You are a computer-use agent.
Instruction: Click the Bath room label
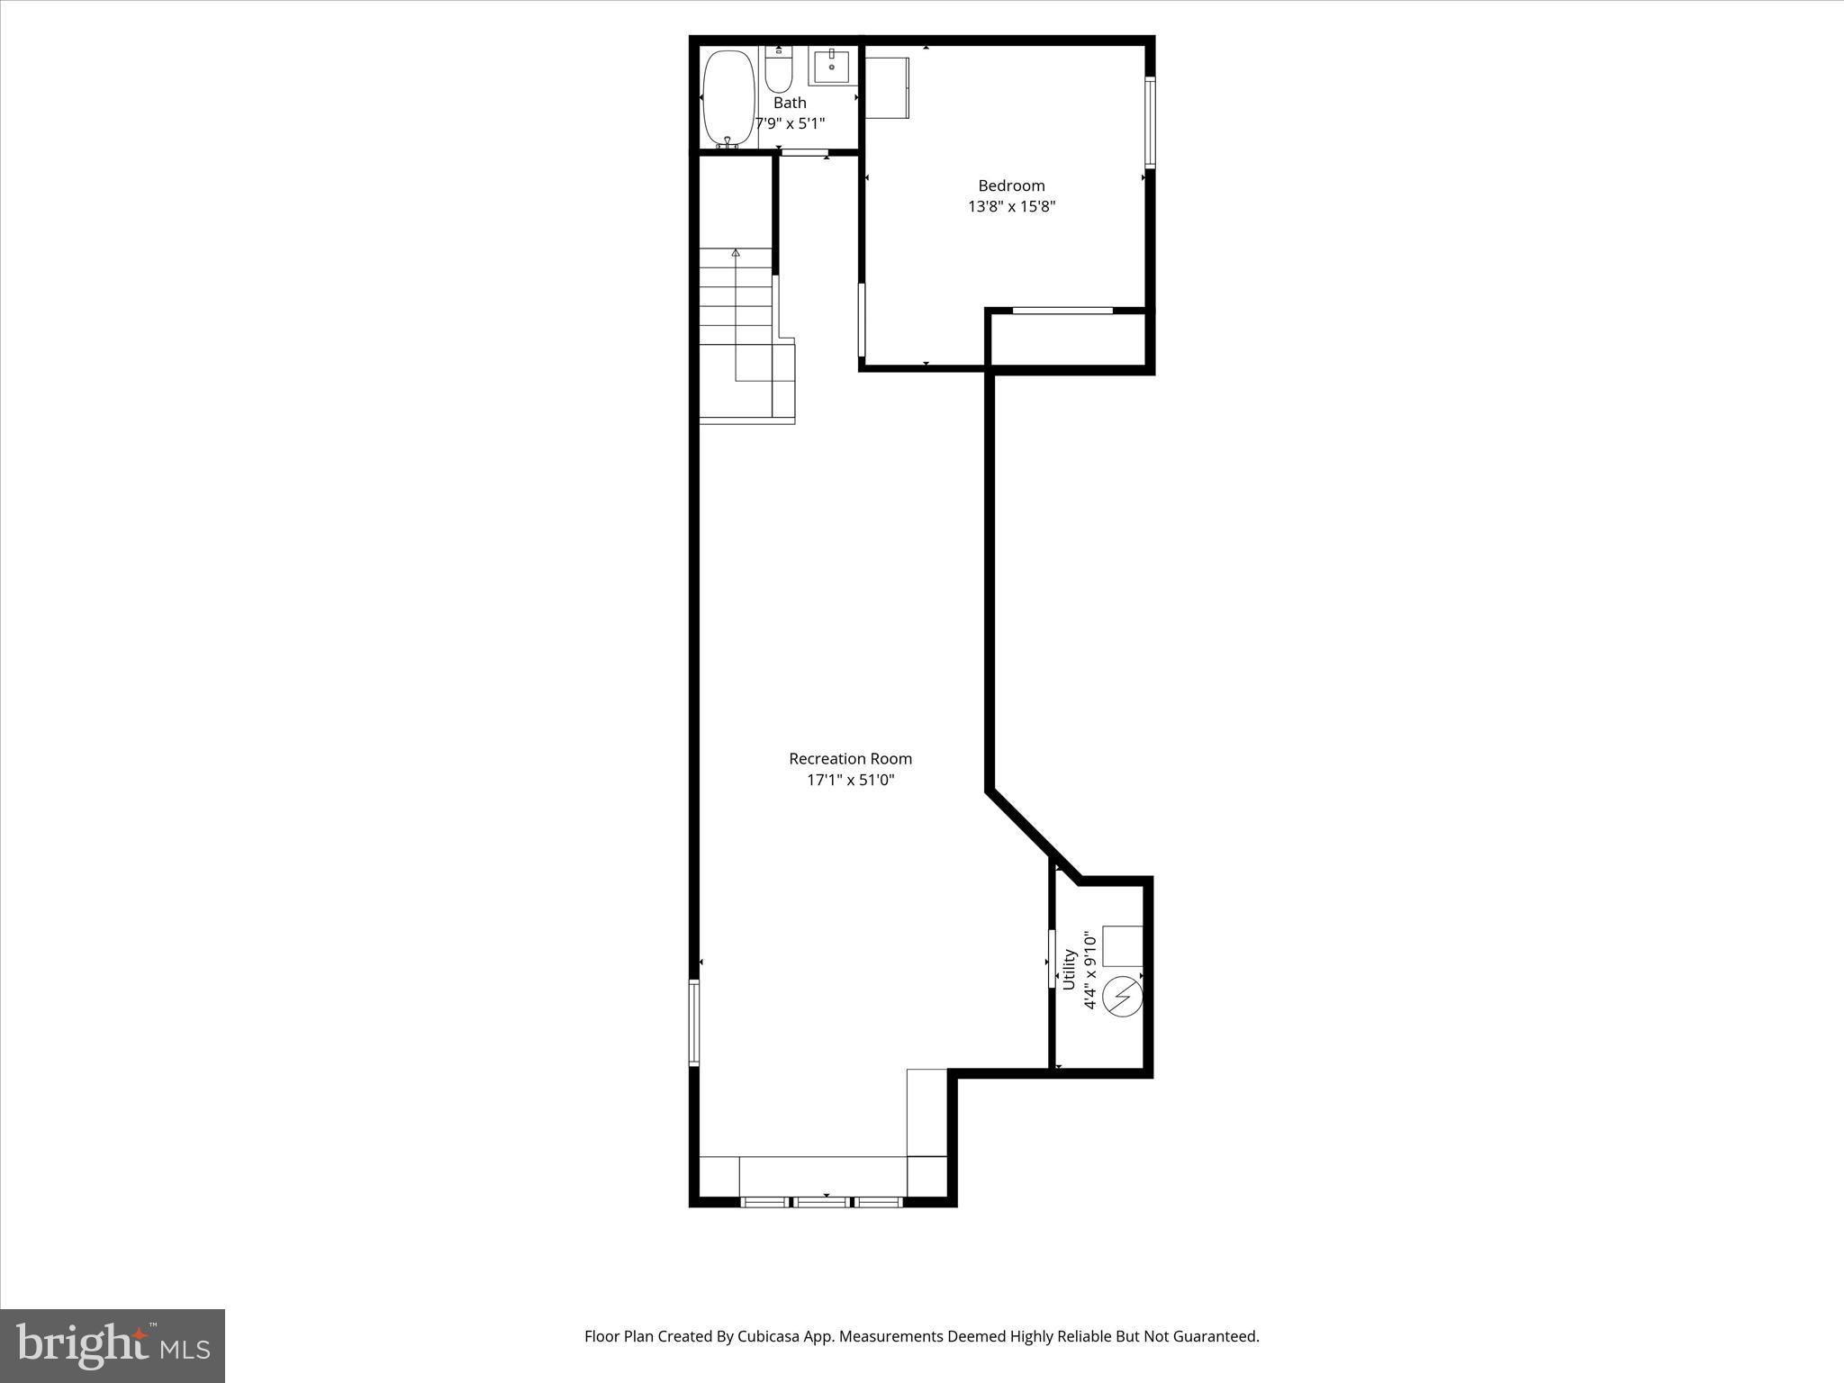pyautogui.click(x=790, y=103)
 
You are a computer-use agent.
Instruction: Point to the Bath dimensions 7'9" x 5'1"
pyautogui.click(x=790, y=123)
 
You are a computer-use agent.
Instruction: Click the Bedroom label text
pyautogui.click(x=1011, y=185)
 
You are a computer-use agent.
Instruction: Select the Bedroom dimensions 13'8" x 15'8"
pyautogui.click(x=1011, y=206)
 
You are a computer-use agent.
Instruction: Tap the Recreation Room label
pyautogui.click(x=850, y=759)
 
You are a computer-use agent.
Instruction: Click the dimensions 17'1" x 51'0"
pyautogui.click(x=850, y=780)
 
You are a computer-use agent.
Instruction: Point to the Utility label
pyautogui.click(x=1070, y=969)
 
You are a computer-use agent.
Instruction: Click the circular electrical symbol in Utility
pyautogui.click(x=1123, y=996)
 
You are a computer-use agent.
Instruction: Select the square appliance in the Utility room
pyautogui.click(x=1123, y=945)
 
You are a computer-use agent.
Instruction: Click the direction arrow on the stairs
pyautogui.click(x=736, y=253)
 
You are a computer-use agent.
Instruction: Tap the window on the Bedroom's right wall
pyautogui.click(x=1150, y=123)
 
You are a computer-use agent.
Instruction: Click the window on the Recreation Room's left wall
pyautogui.click(x=694, y=1023)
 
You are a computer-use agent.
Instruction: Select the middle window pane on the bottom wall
pyautogui.click(x=822, y=1201)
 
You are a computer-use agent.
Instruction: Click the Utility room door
pyautogui.click(x=1052, y=958)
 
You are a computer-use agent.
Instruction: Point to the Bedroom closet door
pyautogui.click(x=1062, y=311)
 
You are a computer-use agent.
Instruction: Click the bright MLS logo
pyautogui.click(x=113, y=1345)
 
